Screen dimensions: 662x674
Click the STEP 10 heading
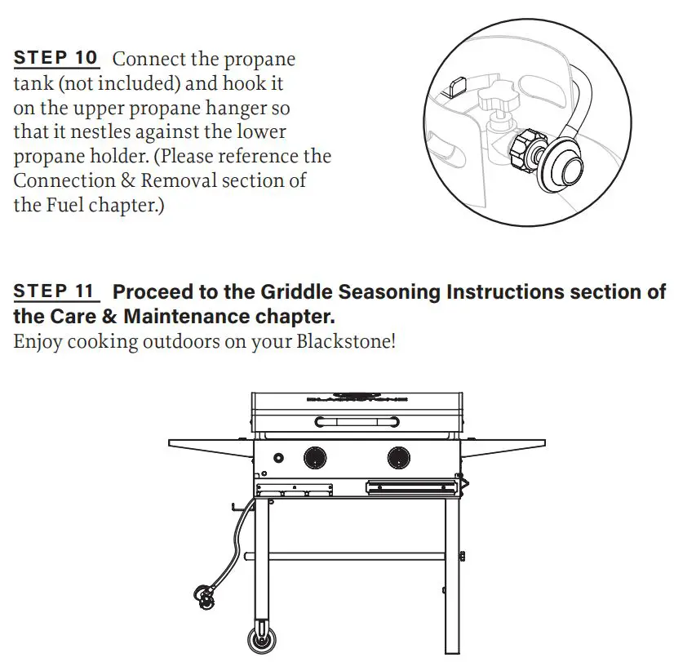55,59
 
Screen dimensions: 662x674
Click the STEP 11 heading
55,291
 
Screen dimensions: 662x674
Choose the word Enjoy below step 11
38,340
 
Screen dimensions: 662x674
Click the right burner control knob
399,457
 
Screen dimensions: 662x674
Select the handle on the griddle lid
357,422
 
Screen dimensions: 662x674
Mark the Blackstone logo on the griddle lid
356,398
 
